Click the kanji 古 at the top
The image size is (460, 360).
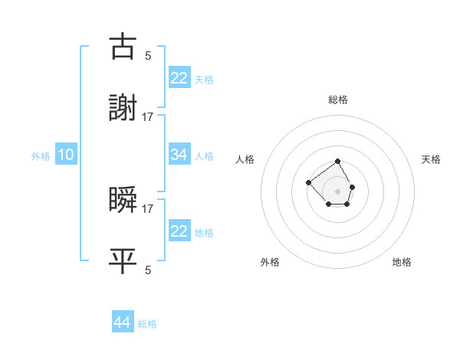(123, 47)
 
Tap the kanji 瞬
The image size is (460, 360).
(123, 200)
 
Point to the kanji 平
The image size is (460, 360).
(123, 261)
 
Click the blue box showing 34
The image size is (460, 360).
(179, 155)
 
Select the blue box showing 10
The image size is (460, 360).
(66, 155)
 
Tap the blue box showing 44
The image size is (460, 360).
(123, 322)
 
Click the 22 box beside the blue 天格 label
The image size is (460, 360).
(179, 77)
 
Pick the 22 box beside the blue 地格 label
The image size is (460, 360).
(179, 231)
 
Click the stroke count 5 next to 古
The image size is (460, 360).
(147, 55)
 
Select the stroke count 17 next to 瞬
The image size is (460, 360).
(148, 208)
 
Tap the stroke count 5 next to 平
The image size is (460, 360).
(147, 270)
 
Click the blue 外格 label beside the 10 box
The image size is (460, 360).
(41, 156)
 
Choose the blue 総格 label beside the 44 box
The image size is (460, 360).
(147, 324)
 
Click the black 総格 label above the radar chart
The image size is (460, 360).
(338, 100)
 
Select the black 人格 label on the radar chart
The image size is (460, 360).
(245, 159)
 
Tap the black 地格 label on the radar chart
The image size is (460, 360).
(402, 262)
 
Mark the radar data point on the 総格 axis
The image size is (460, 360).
(338, 162)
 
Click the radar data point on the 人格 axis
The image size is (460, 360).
(308, 182)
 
